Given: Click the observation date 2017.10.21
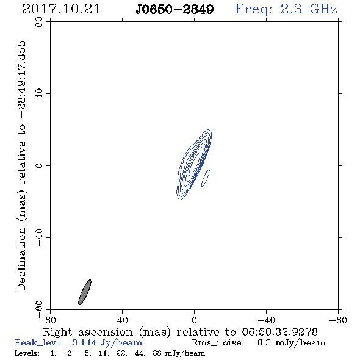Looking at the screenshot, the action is (x=61, y=9).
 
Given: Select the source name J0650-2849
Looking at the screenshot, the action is (x=175, y=9).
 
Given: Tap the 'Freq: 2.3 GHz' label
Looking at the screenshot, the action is (x=286, y=9).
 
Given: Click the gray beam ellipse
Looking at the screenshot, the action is (x=85, y=292).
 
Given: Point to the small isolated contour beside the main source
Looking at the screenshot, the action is (x=206, y=178).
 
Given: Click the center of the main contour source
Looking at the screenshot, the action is (x=194, y=164).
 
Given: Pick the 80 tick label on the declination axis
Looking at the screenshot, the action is (x=39, y=22).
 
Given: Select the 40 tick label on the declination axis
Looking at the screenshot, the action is (x=39, y=94).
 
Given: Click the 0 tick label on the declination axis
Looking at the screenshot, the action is (x=39, y=165).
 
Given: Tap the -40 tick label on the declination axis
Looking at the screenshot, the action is (x=39, y=237).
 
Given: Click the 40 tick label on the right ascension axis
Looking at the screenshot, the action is (x=123, y=320).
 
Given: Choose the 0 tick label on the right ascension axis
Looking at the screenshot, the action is (x=194, y=320).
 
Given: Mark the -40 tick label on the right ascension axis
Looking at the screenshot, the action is (x=266, y=320).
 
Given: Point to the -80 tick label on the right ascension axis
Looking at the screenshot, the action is (x=338, y=320).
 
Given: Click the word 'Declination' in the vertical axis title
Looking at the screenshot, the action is (x=21, y=259).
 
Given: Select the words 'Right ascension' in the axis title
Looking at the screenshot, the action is (x=88, y=332).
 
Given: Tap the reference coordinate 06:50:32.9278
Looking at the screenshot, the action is (x=279, y=332).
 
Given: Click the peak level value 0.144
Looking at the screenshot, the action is (x=84, y=342).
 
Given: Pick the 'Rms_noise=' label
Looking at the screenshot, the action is (x=220, y=343).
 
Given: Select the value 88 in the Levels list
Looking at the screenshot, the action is (x=157, y=353).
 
